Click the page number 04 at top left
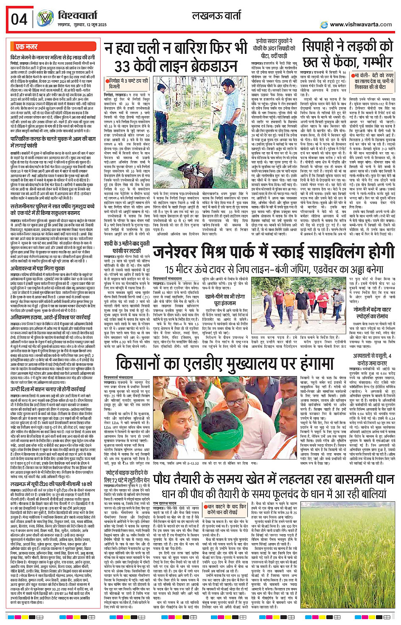(20, 19)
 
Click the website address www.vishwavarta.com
(361, 24)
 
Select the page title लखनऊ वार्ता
(216, 16)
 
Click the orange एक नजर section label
(27, 47)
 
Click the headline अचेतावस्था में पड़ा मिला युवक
(38, 268)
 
